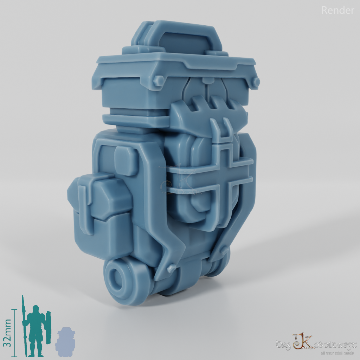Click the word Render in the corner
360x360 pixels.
[337, 11]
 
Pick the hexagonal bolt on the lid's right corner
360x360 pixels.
[256, 82]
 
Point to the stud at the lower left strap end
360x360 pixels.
[171, 268]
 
